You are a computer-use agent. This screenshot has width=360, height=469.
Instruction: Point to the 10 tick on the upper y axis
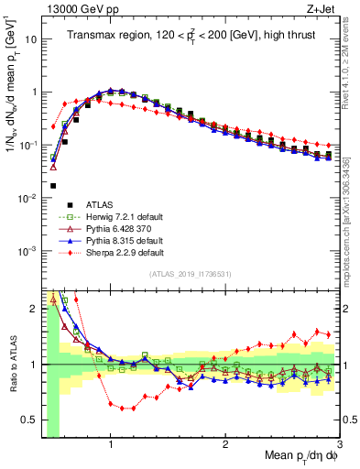pyautogui.click(x=30, y=39)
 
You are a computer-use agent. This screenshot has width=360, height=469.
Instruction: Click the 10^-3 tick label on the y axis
pyautogui.click(x=27, y=251)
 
